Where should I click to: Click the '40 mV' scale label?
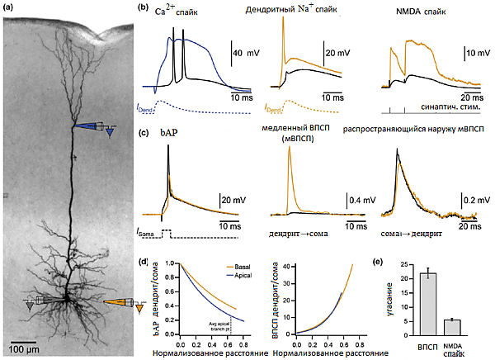pyautogui.click(x=250, y=52)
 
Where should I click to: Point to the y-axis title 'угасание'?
pyautogui.click(x=390, y=299)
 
